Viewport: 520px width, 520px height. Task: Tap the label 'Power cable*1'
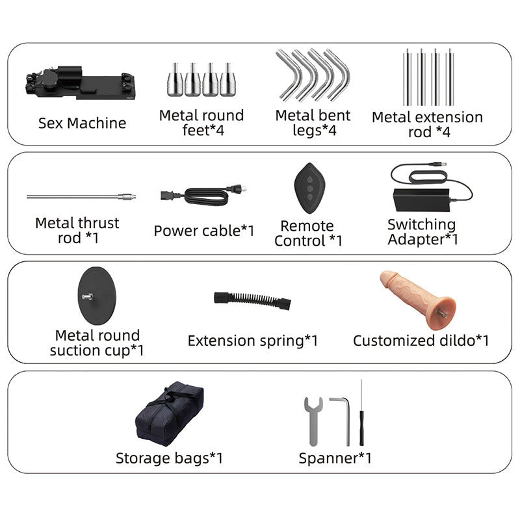coord(204,231)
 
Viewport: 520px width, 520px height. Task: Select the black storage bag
coord(169,413)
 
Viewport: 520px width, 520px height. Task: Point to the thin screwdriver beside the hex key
coord(361,413)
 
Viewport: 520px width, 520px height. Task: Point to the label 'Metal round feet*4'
coord(201,123)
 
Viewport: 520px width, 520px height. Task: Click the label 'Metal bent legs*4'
coord(313,123)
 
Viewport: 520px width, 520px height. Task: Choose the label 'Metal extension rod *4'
coord(427,124)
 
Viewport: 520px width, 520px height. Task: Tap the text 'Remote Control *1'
coord(307,233)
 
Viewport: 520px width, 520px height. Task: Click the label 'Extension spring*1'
coord(252,341)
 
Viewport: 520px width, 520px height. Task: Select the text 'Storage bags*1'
coord(169,458)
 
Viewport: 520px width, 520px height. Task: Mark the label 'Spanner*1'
coord(335,458)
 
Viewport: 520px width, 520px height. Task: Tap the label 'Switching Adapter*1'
coord(422,232)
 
